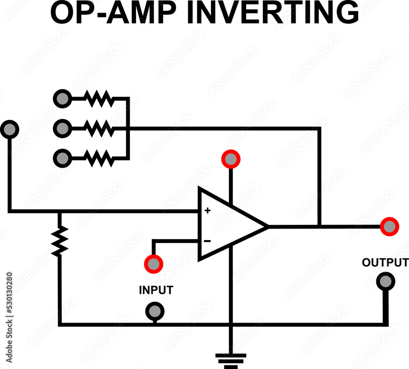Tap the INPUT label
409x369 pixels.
click(156, 290)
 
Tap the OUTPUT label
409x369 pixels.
click(384, 262)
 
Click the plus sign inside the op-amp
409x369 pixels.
click(207, 211)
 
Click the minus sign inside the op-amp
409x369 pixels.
click(207, 241)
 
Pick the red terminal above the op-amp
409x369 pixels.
click(231, 160)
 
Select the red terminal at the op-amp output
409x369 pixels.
click(389, 226)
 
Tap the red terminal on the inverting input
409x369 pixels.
click(153, 264)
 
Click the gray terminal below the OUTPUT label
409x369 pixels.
click(385, 281)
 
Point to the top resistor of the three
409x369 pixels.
click(98, 99)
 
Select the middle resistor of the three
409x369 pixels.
click(98, 128)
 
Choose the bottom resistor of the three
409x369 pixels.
click(98, 158)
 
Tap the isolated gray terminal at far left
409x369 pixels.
click(9, 129)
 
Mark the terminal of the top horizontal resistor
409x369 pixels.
click(62, 99)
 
